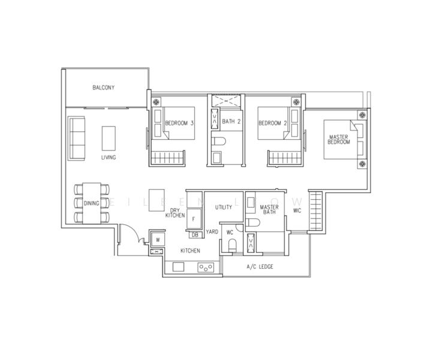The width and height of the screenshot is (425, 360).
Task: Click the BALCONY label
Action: [x=104, y=88]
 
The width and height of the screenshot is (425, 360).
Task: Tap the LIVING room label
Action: [x=108, y=157]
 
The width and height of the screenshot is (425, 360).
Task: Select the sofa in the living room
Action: [x=77, y=139]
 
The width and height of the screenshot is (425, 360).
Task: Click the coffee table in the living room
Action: [x=108, y=138]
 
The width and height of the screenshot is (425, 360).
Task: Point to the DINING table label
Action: [x=91, y=203]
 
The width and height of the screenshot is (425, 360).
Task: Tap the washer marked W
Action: [x=158, y=240]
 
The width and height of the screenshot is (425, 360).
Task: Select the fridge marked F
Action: [x=194, y=218]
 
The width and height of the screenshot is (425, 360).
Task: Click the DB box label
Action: [x=195, y=235]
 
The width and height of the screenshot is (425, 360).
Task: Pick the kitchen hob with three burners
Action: [x=206, y=268]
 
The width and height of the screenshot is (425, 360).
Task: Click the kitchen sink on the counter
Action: [x=179, y=267]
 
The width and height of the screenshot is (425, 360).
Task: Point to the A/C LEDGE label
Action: [x=260, y=266]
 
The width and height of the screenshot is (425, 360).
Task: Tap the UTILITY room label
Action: [x=224, y=207]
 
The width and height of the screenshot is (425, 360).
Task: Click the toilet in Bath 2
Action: [x=218, y=141]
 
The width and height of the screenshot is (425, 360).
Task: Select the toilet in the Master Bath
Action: [x=252, y=222]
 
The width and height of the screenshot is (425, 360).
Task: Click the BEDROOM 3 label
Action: [x=179, y=123]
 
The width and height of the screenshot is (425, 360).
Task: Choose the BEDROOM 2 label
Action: [x=272, y=123]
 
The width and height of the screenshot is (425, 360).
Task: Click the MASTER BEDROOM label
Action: [x=339, y=139]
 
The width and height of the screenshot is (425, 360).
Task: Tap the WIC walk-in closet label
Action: [x=297, y=211]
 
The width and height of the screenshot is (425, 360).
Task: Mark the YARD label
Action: [x=212, y=232]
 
